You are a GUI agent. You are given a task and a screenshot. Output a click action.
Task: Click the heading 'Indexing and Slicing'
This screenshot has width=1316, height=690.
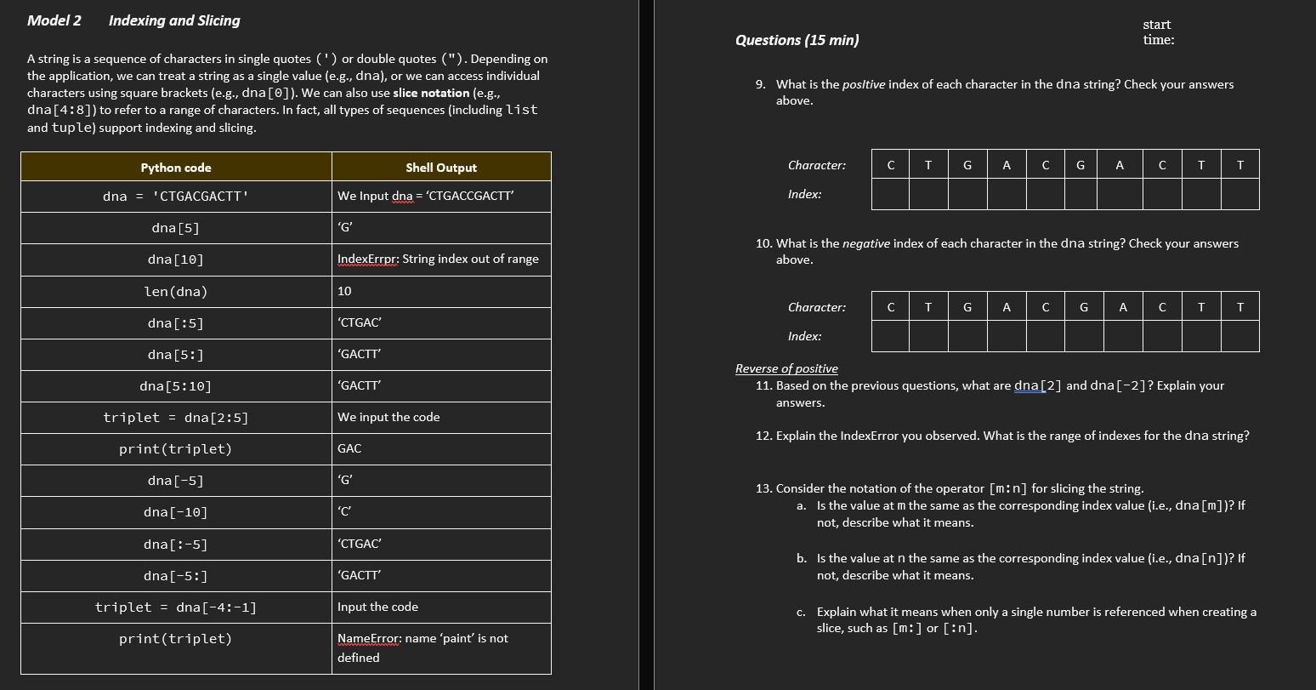pyautogui.click(x=174, y=20)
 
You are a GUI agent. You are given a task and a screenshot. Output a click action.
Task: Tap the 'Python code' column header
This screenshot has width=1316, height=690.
pyautogui.click(x=176, y=168)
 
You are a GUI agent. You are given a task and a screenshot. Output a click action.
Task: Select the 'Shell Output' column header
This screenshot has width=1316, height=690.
pyautogui.click(x=440, y=168)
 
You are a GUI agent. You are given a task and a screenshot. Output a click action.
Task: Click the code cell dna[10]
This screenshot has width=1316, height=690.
pyautogui.click(x=176, y=259)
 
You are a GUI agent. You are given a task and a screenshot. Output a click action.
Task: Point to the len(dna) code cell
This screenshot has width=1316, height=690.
pyautogui.click(x=176, y=292)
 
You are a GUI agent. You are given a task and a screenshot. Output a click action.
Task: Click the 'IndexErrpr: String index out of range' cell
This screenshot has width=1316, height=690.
pyautogui.click(x=438, y=259)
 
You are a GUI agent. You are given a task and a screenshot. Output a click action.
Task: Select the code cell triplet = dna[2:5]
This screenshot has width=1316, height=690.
pyautogui.click(x=176, y=418)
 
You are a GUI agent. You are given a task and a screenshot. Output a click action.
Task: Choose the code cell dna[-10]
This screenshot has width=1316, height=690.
pyautogui.click(x=176, y=512)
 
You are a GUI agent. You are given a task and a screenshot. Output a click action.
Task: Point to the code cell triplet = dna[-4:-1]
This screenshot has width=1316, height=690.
pyautogui.click(x=176, y=607)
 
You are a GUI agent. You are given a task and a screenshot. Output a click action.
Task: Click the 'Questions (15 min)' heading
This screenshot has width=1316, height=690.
pyautogui.click(x=797, y=40)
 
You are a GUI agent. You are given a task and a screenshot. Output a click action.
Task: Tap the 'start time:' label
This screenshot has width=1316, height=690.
pyautogui.click(x=1158, y=32)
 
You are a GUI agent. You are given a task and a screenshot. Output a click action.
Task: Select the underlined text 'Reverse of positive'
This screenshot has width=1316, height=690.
pyautogui.click(x=786, y=368)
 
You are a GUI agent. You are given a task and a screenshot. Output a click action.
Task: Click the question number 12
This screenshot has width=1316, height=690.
pyautogui.click(x=763, y=436)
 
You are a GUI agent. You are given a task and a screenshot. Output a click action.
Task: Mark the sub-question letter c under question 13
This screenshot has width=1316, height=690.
pyautogui.click(x=801, y=612)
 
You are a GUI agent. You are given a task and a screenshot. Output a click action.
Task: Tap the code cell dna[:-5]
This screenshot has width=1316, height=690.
pyautogui.click(x=176, y=545)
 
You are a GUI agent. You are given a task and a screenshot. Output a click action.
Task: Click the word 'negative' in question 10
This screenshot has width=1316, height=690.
pyautogui.click(x=865, y=243)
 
